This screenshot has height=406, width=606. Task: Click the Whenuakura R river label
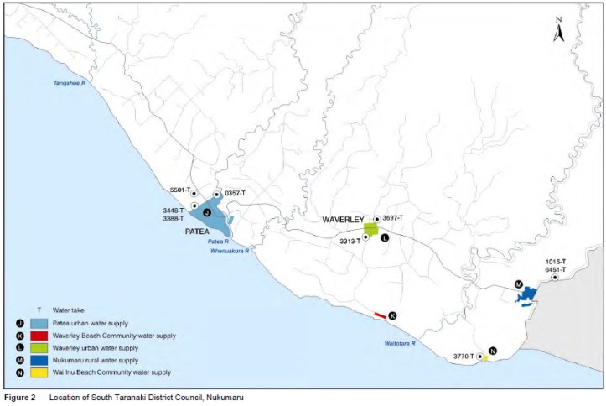coord(229,250)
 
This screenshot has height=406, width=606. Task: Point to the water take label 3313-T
coord(350,241)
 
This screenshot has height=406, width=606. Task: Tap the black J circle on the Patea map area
coord(206,214)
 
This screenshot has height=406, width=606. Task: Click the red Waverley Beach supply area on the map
coord(380,315)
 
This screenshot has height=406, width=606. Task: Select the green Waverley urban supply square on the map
coord(370,228)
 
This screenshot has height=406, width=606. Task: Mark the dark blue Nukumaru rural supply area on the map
coord(526,295)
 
